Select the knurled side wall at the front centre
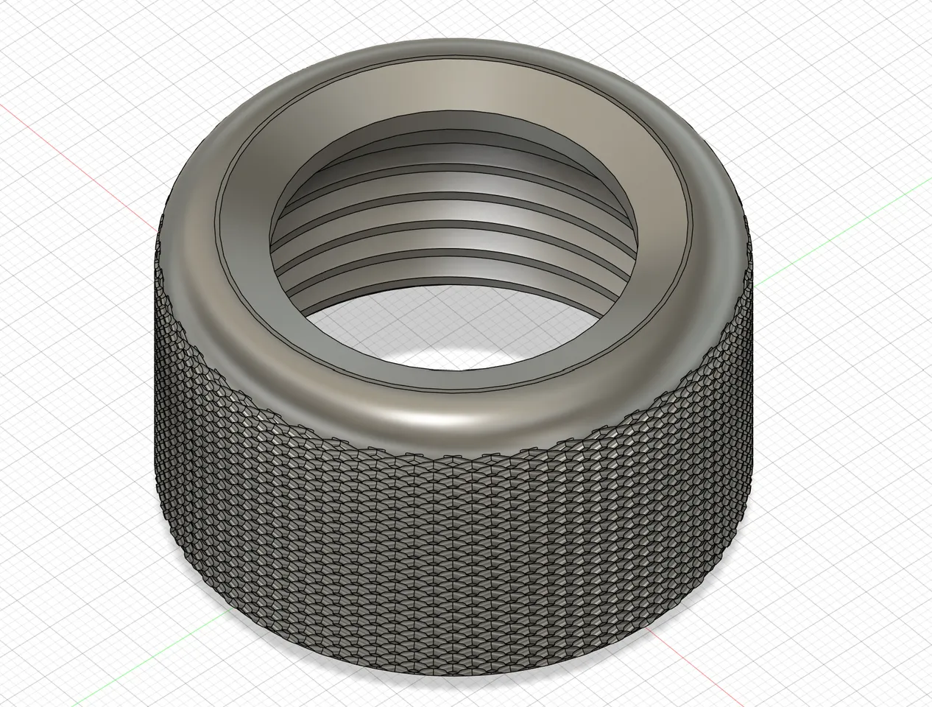pyautogui.click(x=456, y=560)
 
